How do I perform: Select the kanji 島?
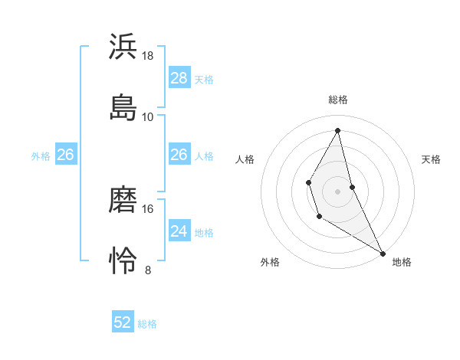[123, 107]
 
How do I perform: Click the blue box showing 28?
[179, 78]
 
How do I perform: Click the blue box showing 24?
[179, 231]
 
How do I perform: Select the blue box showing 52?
[123, 322]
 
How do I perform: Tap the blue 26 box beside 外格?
[65, 155]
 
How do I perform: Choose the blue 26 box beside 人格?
[179, 155]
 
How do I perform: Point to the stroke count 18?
[148, 56]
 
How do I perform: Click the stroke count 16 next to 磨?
[148, 208]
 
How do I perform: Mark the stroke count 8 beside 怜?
[148, 270]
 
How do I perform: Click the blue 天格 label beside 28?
[204, 80]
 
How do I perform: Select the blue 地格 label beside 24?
[204, 233]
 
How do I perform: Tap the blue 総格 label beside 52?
[147, 324]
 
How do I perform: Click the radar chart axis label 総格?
[338, 100]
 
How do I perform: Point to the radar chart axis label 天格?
[432, 159]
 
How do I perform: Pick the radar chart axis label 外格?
[270, 262]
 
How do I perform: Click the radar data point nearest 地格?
[383, 253]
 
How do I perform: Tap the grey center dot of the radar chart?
[338, 190]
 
